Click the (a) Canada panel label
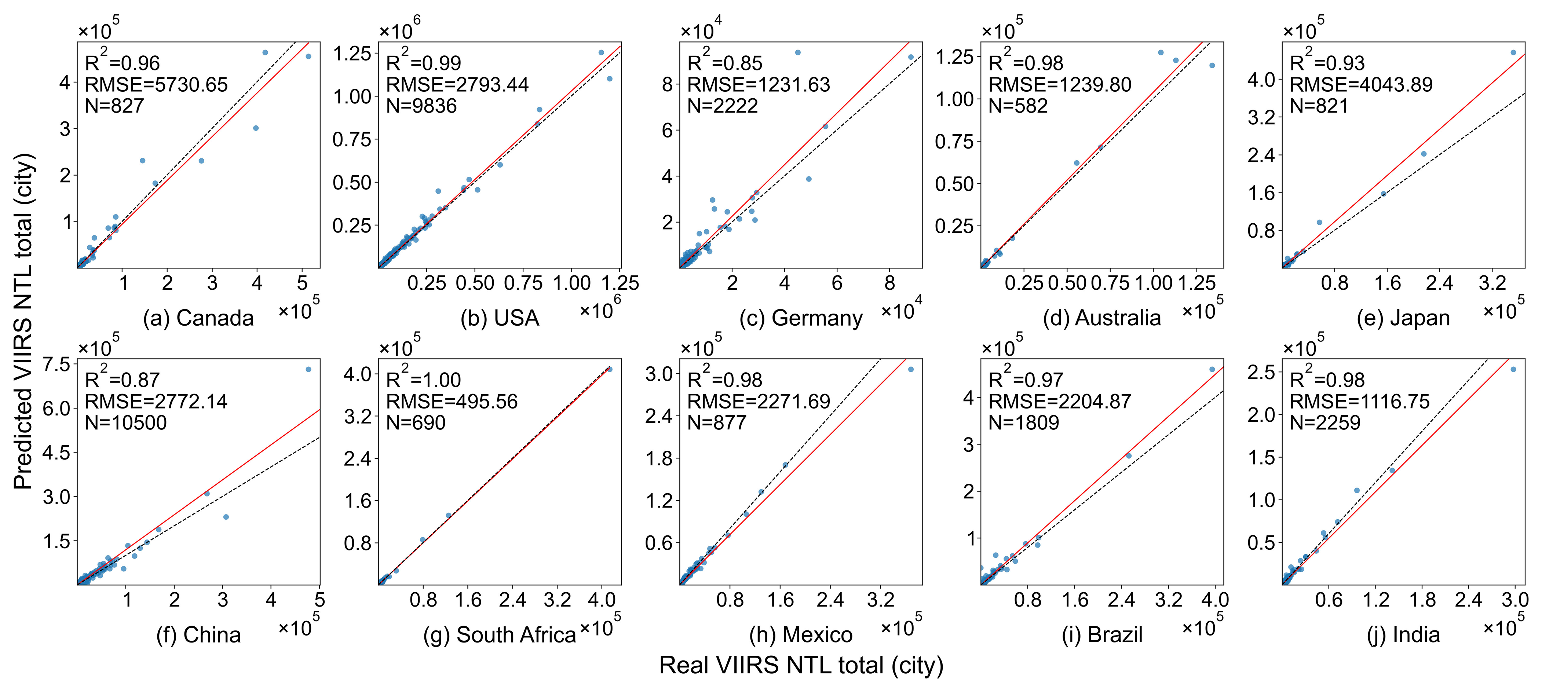pos(198,318)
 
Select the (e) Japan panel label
pos(1403,318)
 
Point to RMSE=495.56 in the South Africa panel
pos(452,401)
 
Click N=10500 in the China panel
pos(126,422)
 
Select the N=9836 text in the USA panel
pos(421,106)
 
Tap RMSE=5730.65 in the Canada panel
pos(156,84)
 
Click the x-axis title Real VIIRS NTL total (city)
pos(801,666)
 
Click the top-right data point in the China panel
pos(308,369)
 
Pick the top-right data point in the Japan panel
pos(1513,53)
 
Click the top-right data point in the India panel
pos(1513,369)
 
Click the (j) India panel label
pos(1403,634)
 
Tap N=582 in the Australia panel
pos(1018,106)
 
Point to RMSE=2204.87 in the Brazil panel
pos(1060,401)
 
